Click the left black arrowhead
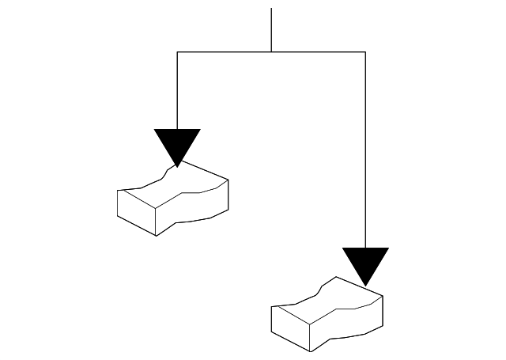pyautogui.click(x=178, y=143)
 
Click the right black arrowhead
pyautogui.click(x=365, y=262)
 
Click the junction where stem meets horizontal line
pyautogui.click(x=271, y=52)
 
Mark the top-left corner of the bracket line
pyautogui.click(x=178, y=52)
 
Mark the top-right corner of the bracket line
pyautogui.click(x=365, y=52)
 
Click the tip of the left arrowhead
pyautogui.click(x=178, y=165)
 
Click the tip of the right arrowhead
pyautogui.click(x=365, y=284)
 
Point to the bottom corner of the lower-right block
pyautogui.click(x=310, y=351)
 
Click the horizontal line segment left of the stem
pyautogui.click(x=225, y=52)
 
